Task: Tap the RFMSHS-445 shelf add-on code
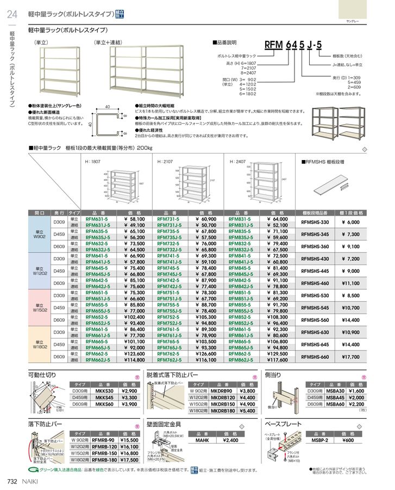[315, 271]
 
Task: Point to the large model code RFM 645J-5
[293, 45]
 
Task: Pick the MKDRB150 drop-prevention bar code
[222, 405]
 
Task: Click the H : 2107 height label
[165, 162]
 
